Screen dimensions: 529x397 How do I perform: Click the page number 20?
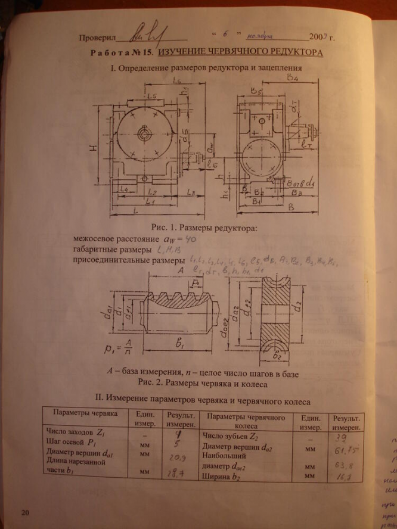24,512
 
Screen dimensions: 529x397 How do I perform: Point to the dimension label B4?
291,78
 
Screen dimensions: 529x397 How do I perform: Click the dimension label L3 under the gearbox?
190,192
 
